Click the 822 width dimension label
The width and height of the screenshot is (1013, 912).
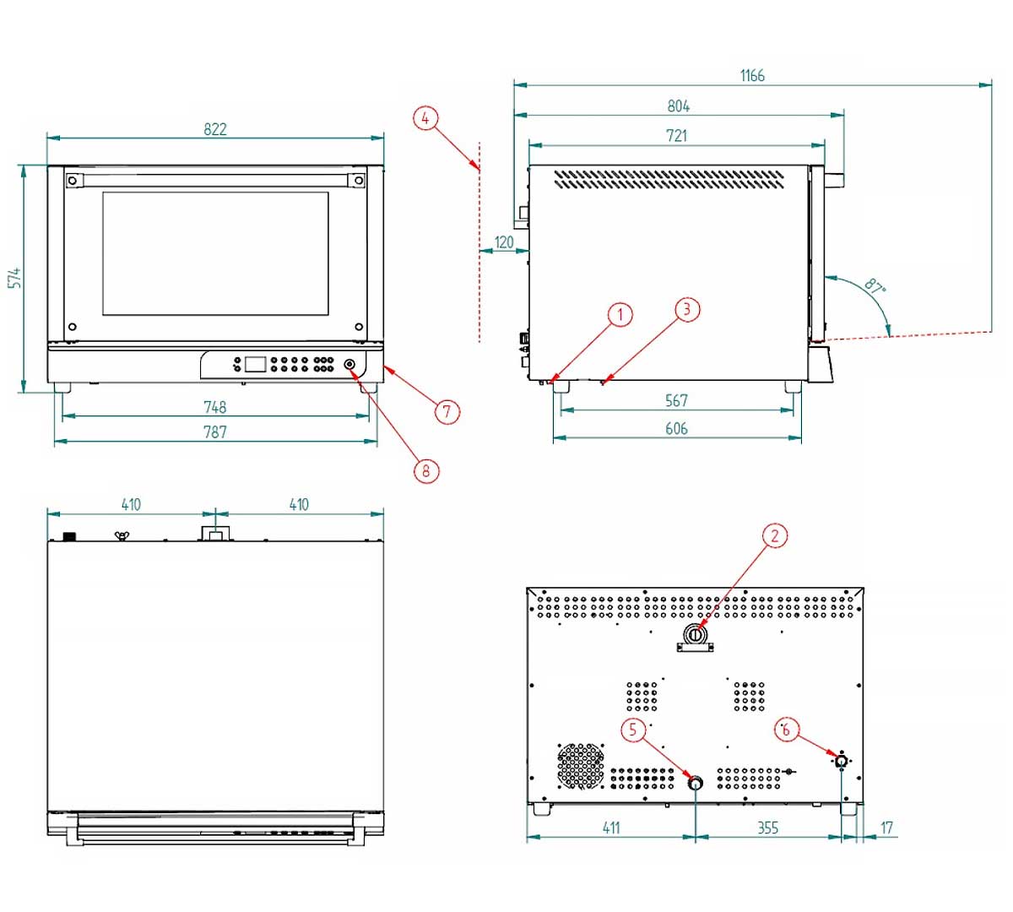point(215,129)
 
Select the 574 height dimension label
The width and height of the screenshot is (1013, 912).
point(15,279)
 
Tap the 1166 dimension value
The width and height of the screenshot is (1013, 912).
point(752,76)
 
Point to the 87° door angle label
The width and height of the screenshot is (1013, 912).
point(875,287)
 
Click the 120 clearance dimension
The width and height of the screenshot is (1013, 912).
point(504,242)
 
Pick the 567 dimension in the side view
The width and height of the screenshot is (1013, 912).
point(676,400)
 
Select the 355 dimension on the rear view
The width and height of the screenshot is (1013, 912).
point(767,828)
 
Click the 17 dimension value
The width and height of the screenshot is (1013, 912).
point(886,828)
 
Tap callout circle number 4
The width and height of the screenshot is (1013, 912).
point(425,118)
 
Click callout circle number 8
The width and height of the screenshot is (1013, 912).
point(425,470)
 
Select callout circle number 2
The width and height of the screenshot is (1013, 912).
point(774,535)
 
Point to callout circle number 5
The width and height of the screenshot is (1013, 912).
point(634,730)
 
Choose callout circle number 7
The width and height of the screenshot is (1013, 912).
point(447,411)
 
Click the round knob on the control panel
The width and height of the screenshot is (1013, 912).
point(350,365)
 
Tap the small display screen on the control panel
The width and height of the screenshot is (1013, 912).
point(255,365)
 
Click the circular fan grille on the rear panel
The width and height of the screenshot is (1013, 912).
point(581,765)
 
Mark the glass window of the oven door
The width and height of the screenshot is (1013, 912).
point(215,253)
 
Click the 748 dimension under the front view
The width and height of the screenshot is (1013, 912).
point(215,407)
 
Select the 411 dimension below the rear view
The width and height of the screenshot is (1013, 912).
point(611,828)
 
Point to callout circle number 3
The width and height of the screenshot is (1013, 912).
point(686,309)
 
